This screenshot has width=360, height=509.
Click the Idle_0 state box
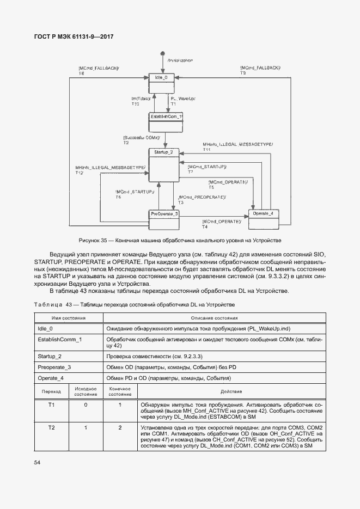(164, 82)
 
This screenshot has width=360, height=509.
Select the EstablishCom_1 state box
(166, 121)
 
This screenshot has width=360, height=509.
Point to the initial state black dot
(162, 54)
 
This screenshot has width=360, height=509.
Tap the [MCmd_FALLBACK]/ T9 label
(260, 69)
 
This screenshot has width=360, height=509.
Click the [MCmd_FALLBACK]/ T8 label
(99, 71)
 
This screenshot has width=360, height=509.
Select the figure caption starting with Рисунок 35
(180, 240)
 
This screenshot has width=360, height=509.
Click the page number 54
(37, 463)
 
